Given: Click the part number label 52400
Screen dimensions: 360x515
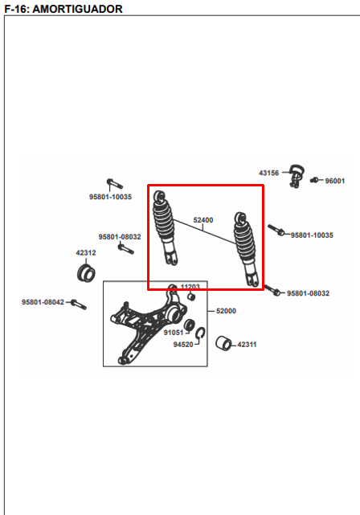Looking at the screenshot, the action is [x=203, y=220].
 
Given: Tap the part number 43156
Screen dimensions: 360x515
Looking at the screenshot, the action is [x=268, y=173].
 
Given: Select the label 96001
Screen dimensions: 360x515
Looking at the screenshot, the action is [x=335, y=181].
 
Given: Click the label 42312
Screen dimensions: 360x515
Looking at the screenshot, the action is [x=86, y=253].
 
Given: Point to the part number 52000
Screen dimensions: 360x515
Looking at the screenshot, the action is [x=226, y=311].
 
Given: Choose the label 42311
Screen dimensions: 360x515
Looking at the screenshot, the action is [x=247, y=345].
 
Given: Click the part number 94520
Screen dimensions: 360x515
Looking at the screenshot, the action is [x=183, y=345].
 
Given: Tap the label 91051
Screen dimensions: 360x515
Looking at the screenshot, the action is [x=174, y=333].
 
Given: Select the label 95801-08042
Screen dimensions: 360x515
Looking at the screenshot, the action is [x=43, y=302].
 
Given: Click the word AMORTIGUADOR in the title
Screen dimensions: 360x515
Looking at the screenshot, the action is [x=77, y=9].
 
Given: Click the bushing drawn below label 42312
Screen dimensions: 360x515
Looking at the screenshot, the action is [x=86, y=272].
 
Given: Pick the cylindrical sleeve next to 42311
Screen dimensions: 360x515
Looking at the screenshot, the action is [x=224, y=344].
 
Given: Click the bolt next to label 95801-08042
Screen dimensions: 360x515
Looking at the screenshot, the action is [x=79, y=305].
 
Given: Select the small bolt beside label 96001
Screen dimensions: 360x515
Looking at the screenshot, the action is [x=314, y=180].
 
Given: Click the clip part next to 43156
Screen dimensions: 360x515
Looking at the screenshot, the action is [x=297, y=175].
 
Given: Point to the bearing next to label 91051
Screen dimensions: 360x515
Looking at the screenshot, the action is [x=189, y=325].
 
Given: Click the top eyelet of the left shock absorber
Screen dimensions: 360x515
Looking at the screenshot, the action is [x=160, y=196].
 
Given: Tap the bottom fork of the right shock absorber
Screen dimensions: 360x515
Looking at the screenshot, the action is [x=253, y=280].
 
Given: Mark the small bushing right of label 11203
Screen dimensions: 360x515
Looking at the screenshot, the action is [x=191, y=296].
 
